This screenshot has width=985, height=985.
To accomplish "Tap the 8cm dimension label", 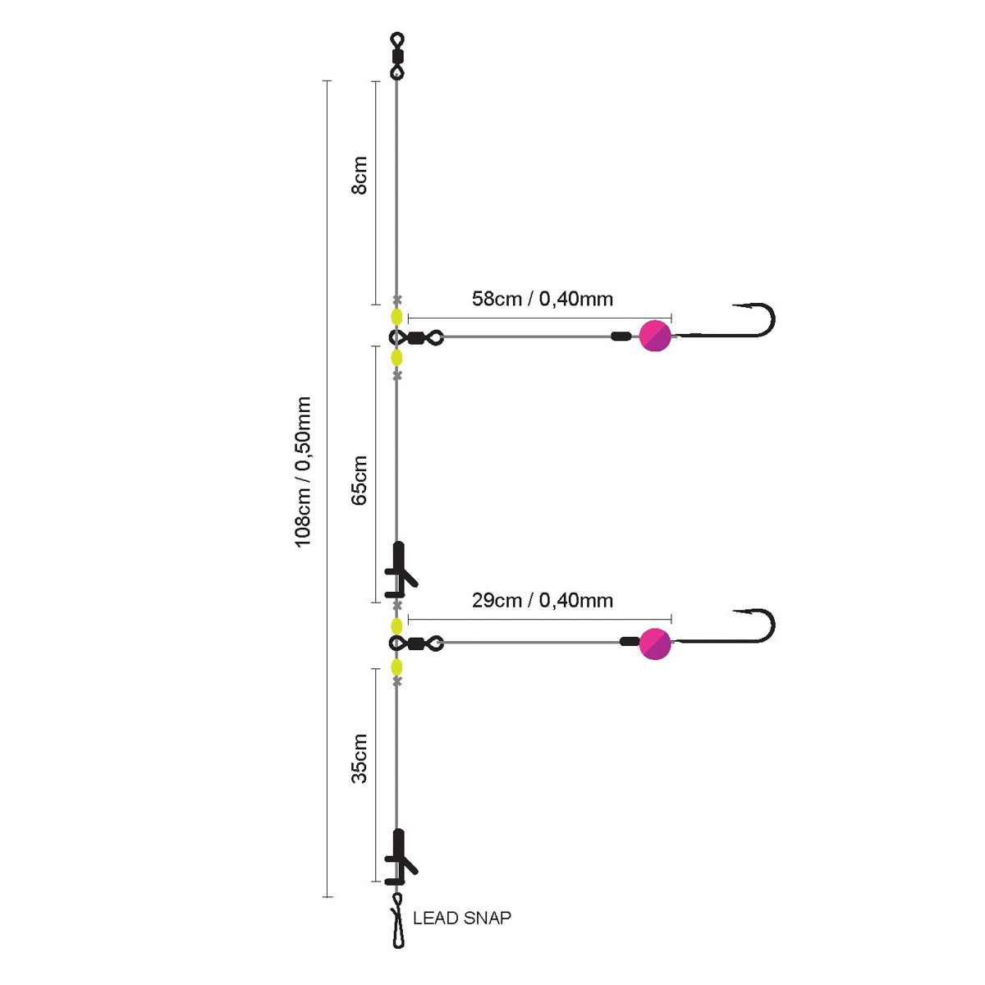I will point(359,175).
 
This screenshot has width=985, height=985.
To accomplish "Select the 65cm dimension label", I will point(359,480).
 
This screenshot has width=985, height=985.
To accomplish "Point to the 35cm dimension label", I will point(359,759).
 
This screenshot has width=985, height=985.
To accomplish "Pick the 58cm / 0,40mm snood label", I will point(542,299).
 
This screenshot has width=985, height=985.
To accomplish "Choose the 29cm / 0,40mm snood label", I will point(542,600).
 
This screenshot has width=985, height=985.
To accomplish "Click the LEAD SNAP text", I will point(461,918).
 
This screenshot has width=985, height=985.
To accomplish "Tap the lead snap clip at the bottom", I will point(398,928).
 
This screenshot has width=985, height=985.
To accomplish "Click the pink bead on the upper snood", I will point(655,336).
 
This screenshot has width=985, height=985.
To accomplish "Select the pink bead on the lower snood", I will point(655,643).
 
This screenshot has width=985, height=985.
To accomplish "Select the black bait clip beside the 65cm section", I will point(400,570).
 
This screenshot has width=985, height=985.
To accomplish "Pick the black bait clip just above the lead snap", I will point(400,858).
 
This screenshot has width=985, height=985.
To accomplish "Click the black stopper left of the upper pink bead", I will point(621,336).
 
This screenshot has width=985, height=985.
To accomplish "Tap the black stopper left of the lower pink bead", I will point(630,642).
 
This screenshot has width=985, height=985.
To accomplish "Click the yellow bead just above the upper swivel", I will point(396,317).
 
